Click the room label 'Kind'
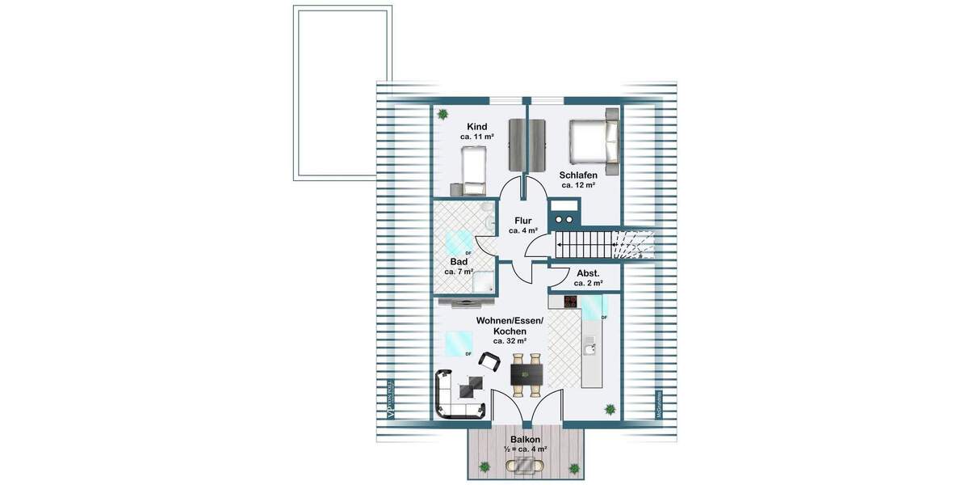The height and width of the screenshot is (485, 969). (476, 127)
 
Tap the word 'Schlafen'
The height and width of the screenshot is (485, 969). (578, 175)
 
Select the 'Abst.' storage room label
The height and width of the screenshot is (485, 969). (588, 272)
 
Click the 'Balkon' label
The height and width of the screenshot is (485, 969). (526, 439)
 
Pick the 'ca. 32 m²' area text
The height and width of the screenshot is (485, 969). (510, 341)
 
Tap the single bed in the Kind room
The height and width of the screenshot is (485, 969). (472, 172)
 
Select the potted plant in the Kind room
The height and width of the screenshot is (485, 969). (443, 115)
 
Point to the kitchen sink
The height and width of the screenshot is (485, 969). (590, 345)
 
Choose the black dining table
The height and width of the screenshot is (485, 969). (526, 374)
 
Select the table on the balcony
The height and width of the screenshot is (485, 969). (526, 466)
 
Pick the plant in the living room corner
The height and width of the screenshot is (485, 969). (610, 408)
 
